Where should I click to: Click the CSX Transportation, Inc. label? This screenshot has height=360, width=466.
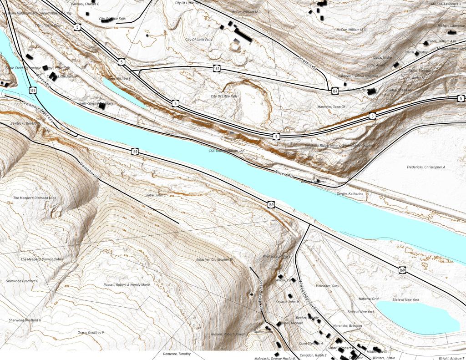227,151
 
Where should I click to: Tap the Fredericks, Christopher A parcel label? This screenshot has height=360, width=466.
426,167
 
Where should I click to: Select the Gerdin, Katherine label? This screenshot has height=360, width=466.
350,193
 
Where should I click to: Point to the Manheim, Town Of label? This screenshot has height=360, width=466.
331,106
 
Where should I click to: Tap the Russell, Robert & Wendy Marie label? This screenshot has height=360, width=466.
127,284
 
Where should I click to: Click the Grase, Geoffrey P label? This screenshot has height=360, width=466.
91,333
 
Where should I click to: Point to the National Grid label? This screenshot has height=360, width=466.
369,299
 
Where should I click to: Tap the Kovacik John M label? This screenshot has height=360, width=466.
288,301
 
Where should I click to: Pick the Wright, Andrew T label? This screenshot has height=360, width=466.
451,358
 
